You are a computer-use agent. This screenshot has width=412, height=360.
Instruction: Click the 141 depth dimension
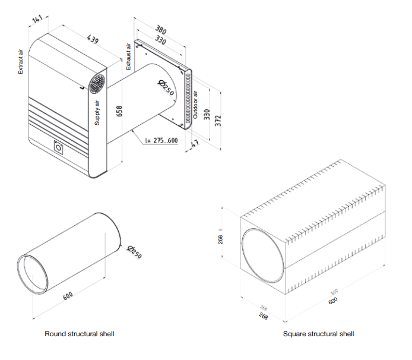[x=37, y=20]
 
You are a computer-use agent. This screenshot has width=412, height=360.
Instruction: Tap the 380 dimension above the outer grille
[x=161, y=29]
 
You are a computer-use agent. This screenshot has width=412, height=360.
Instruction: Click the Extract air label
[x=21, y=61]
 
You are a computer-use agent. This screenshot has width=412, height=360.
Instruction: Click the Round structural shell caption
[x=80, y=334]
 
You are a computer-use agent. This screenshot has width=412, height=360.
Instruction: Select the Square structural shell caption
[x=319, y=334]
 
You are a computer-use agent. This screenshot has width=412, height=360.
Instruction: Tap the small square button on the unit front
[x=59, y=146]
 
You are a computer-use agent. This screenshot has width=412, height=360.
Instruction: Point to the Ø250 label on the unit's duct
[x=164, y=89]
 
